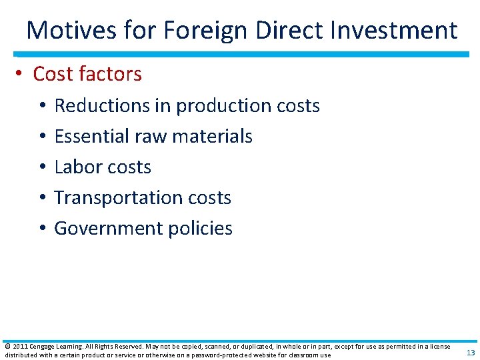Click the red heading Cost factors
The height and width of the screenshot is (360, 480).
click(x=87, y=73)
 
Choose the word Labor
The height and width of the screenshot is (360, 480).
click(x=75, y=167)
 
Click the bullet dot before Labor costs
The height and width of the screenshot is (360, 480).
click(x=41, y=167)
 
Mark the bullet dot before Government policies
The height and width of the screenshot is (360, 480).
click(x=41, y=229)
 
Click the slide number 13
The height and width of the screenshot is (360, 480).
click(x=471, y=353)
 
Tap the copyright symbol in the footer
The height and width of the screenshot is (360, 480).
click(x=7, y=347)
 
